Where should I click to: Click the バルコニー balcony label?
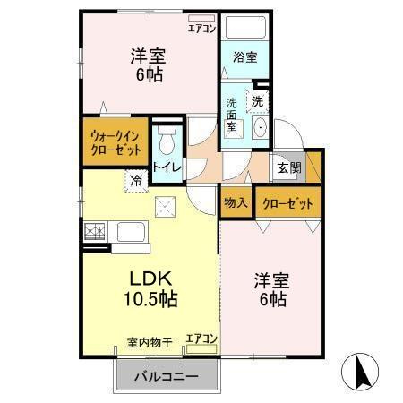click(x=166, y=377)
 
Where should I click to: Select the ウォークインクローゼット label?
click(x=115, y=143)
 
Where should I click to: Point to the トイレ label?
click(x=167, y=167)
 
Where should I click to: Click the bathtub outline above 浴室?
click(x=244, y=28)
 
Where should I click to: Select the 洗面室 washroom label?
click(x=232, y=116)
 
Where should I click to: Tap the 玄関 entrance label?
click(x=288, y=167)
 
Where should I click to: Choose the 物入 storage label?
click(x=236, y=203)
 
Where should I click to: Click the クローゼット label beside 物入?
click(x=287, y=203)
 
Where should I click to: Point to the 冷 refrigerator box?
click(x=136, y=180)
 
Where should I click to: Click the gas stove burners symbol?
click(x=94, y=232)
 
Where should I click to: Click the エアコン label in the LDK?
click(x=201, y=339)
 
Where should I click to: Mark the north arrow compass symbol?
click(x=363, y=371)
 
